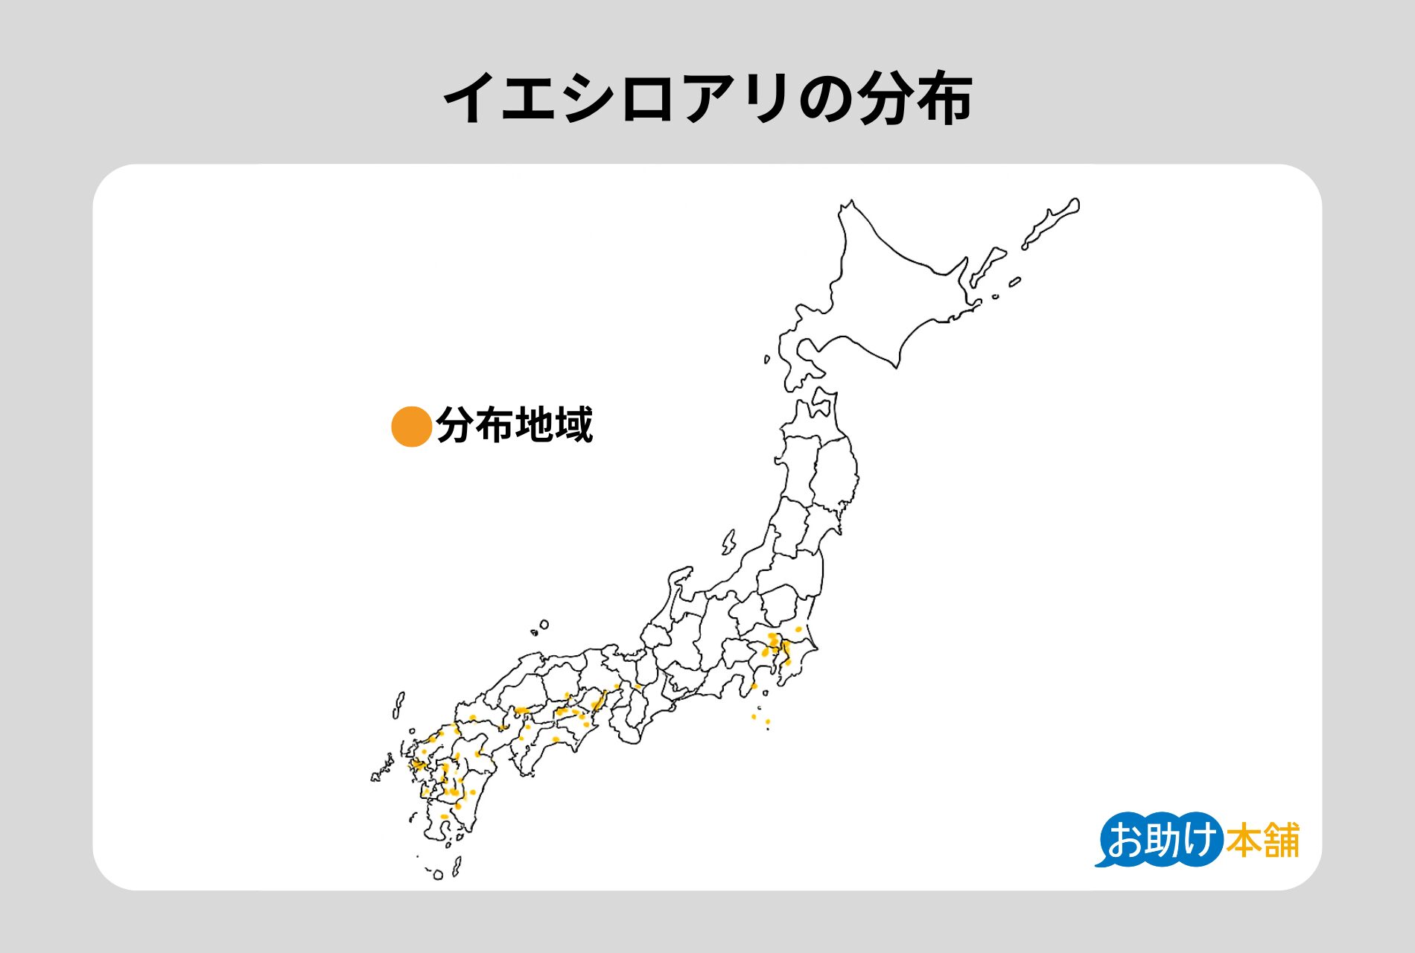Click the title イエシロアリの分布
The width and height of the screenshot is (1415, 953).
pos(707,98)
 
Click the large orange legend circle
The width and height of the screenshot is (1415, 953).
pos(411,426)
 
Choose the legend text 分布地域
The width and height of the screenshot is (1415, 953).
pos(514,425)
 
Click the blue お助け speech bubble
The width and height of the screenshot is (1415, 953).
pos(1160,840)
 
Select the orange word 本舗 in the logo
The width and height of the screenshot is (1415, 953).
pos(1262,840)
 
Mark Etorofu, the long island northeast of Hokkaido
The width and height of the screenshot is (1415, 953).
pos(1052,222)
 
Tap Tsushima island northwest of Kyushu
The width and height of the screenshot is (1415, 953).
pos(398,704)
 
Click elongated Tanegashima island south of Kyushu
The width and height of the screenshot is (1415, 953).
pos(456,865)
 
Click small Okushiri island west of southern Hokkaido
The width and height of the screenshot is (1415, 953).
pos(767,360)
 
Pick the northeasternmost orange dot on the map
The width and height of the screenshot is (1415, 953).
pos(798,629)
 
